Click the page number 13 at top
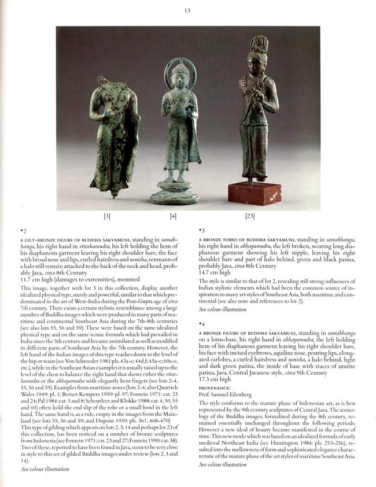[187, 8]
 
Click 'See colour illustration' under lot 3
[223, 309]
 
